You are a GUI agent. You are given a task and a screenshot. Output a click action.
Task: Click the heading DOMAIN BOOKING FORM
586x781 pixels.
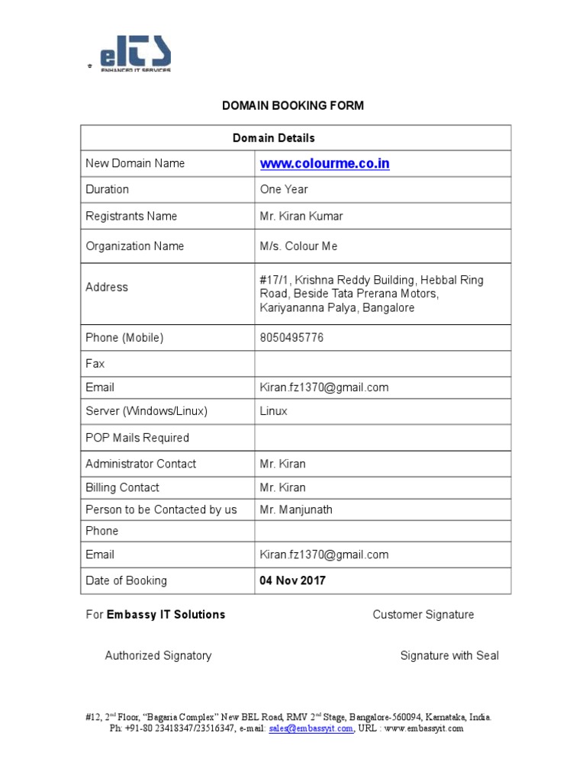click(x=293, y=105)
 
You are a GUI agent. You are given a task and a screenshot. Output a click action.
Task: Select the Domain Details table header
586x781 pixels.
click(x=273, y=138)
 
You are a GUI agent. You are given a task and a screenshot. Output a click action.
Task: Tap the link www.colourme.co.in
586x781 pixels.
click(x=324, y=163)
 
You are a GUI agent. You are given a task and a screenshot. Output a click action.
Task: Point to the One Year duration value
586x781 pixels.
click(x=284, y=189)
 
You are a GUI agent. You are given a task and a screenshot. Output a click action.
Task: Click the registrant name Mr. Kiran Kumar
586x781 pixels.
click(x=301, y=216)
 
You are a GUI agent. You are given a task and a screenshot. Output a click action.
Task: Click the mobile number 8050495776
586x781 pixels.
click(x=291, y=338)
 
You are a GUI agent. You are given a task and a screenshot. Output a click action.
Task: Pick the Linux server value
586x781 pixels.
click(x=274, y=411)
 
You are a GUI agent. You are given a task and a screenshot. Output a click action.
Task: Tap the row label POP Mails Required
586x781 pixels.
click(x=137, y=438)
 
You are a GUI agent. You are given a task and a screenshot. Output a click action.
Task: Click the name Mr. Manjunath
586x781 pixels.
click(x=296, y=509)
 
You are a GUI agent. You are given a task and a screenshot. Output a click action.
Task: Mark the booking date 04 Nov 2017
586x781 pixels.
click(x=292, y=580)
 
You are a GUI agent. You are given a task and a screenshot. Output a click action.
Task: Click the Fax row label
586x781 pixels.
click(x=95, y=364)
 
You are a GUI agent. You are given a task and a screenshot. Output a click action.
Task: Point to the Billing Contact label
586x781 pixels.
click(x=123, y=487)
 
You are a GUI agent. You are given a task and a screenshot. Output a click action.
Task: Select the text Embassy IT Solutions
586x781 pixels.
click(x=166, y=615)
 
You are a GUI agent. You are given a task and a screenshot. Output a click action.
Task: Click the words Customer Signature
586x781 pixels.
click(x=423, y=615)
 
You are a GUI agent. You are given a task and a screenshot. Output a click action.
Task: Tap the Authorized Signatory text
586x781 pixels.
click(x=158, y=655)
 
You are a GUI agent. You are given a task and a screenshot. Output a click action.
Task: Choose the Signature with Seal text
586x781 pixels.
click(x=449, y=655)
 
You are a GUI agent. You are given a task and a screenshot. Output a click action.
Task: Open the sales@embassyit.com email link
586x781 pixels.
click(x=311, y=728)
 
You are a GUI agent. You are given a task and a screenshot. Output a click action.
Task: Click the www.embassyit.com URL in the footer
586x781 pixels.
click(x=423, y=728)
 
